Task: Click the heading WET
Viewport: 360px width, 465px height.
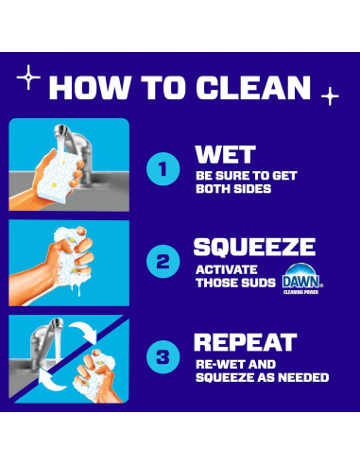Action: pos(225,154)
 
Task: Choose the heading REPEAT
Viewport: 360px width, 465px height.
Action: pos(245,342)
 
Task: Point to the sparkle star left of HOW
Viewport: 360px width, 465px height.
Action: pos(29,77)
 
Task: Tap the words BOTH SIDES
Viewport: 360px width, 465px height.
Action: pos(231,187)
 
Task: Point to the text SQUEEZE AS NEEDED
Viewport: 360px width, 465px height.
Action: pos(261,377)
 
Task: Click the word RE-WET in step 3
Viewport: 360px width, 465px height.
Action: pos(216,363)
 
